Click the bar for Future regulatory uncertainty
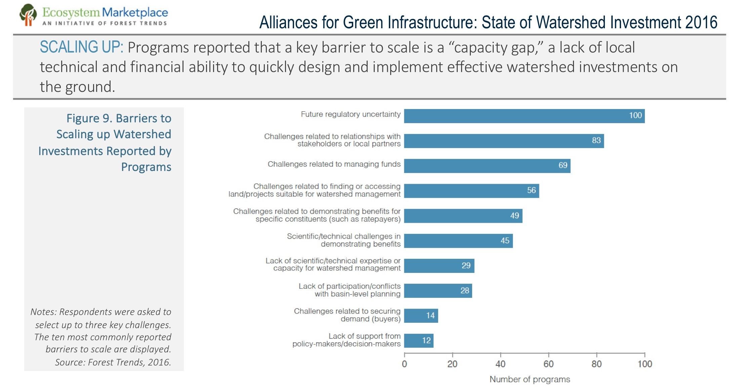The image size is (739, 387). click(x=524, y=116)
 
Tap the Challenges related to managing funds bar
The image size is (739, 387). click(x=487, y=166)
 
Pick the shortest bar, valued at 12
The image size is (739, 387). click(x=418, y=341)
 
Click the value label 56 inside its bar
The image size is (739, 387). click(x=531, y=190)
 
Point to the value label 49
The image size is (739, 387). click(x=515, y=216)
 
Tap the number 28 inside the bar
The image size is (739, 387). click(x=465, y=291)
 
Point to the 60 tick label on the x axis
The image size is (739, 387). click(x=548, y=364)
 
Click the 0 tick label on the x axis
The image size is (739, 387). click(x=404, y=364)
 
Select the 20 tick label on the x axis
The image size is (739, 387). click(x=452, y=364)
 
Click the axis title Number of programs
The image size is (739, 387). click(x=530, y=379)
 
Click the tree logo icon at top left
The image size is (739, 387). click(x=28, y=15)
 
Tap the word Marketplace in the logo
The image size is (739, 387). click(x=135, y=13)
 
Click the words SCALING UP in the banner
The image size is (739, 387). click(x=81, y=47)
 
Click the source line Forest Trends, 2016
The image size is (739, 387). click(x=113, y=362)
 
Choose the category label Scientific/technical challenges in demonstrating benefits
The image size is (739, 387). click(x=343, y=240)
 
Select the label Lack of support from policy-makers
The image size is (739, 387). click(x=346, y=340)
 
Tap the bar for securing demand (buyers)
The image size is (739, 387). click(x=421, y=316)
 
